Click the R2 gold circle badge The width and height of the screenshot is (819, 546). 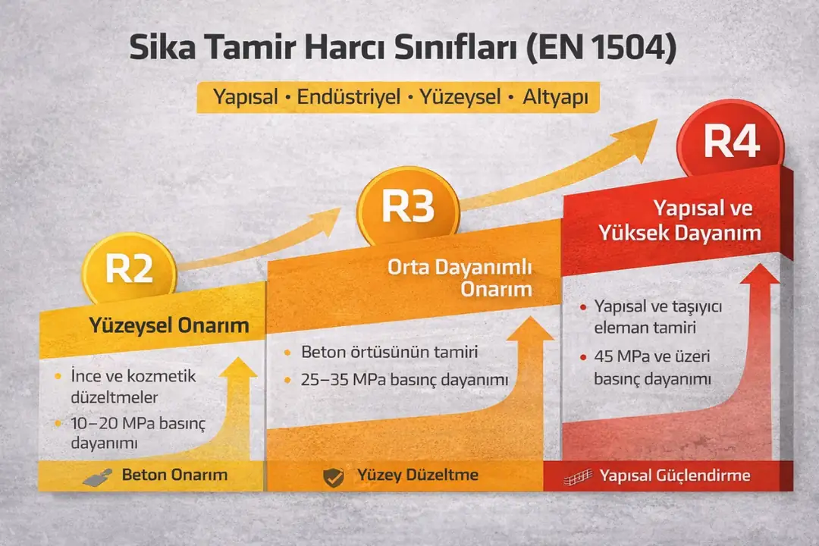point(129,269)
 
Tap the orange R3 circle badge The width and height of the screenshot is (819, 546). point(407,206)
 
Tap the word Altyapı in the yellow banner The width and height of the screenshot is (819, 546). point(551,98)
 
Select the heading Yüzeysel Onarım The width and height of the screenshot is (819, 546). point(169,326)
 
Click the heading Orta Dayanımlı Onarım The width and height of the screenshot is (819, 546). point(460,278)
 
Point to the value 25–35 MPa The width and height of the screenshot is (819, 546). point(345,379)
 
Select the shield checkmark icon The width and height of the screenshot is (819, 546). point(333,476)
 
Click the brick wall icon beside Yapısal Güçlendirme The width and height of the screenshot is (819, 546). point(579,477)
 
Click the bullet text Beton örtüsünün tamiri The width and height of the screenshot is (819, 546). point(389,353)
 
